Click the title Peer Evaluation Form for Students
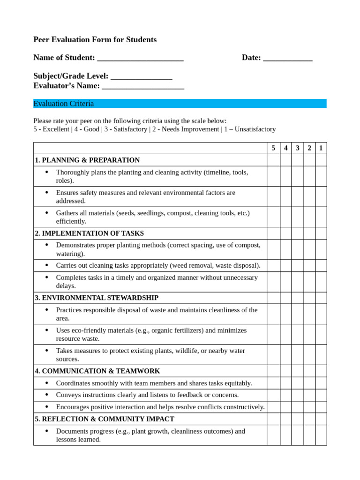[x=95, y=40]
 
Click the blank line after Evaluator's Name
[x=142, y=86]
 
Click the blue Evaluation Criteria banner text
[x=64, y=104]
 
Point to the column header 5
[x=273, y=148]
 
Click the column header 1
[x=321, y=148]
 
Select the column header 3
[x=297, y=148]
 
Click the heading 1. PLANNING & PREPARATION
[x=87, y=160]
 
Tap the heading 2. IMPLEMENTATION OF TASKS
[x=89, y=233]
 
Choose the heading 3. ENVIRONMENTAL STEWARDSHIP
[x=97, y=298]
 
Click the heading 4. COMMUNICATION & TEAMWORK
[x=97, y=371]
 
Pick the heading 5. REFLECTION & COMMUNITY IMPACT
[x=104, y=419]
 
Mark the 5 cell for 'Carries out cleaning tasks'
[x=273, y=266]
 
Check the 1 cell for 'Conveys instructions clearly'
[x=321, y=395]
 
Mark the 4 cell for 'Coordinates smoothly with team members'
[x=285, y=383]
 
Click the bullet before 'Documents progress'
[x=46, y=431]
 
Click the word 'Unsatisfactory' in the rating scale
[x=254, y=129]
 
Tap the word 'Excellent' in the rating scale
[x=56, y=129]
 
